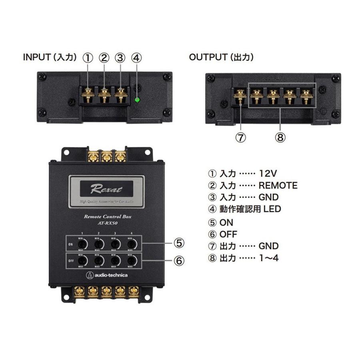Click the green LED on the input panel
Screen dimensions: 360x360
click(137, 100)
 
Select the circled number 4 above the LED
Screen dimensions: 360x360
click(136, 58)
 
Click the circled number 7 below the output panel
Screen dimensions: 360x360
click(241, 138)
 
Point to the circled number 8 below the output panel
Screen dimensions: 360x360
click(280, 138)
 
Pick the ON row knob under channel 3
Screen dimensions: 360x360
click(114, 244)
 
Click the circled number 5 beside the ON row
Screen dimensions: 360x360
click(179, 242)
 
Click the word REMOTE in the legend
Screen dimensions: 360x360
click(278, 185)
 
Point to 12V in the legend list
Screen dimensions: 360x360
click(268, 174)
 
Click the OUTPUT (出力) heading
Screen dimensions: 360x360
click(221, 58)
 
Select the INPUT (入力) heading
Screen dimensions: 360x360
click(50, 58)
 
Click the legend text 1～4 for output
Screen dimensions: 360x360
click(269, 258)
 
